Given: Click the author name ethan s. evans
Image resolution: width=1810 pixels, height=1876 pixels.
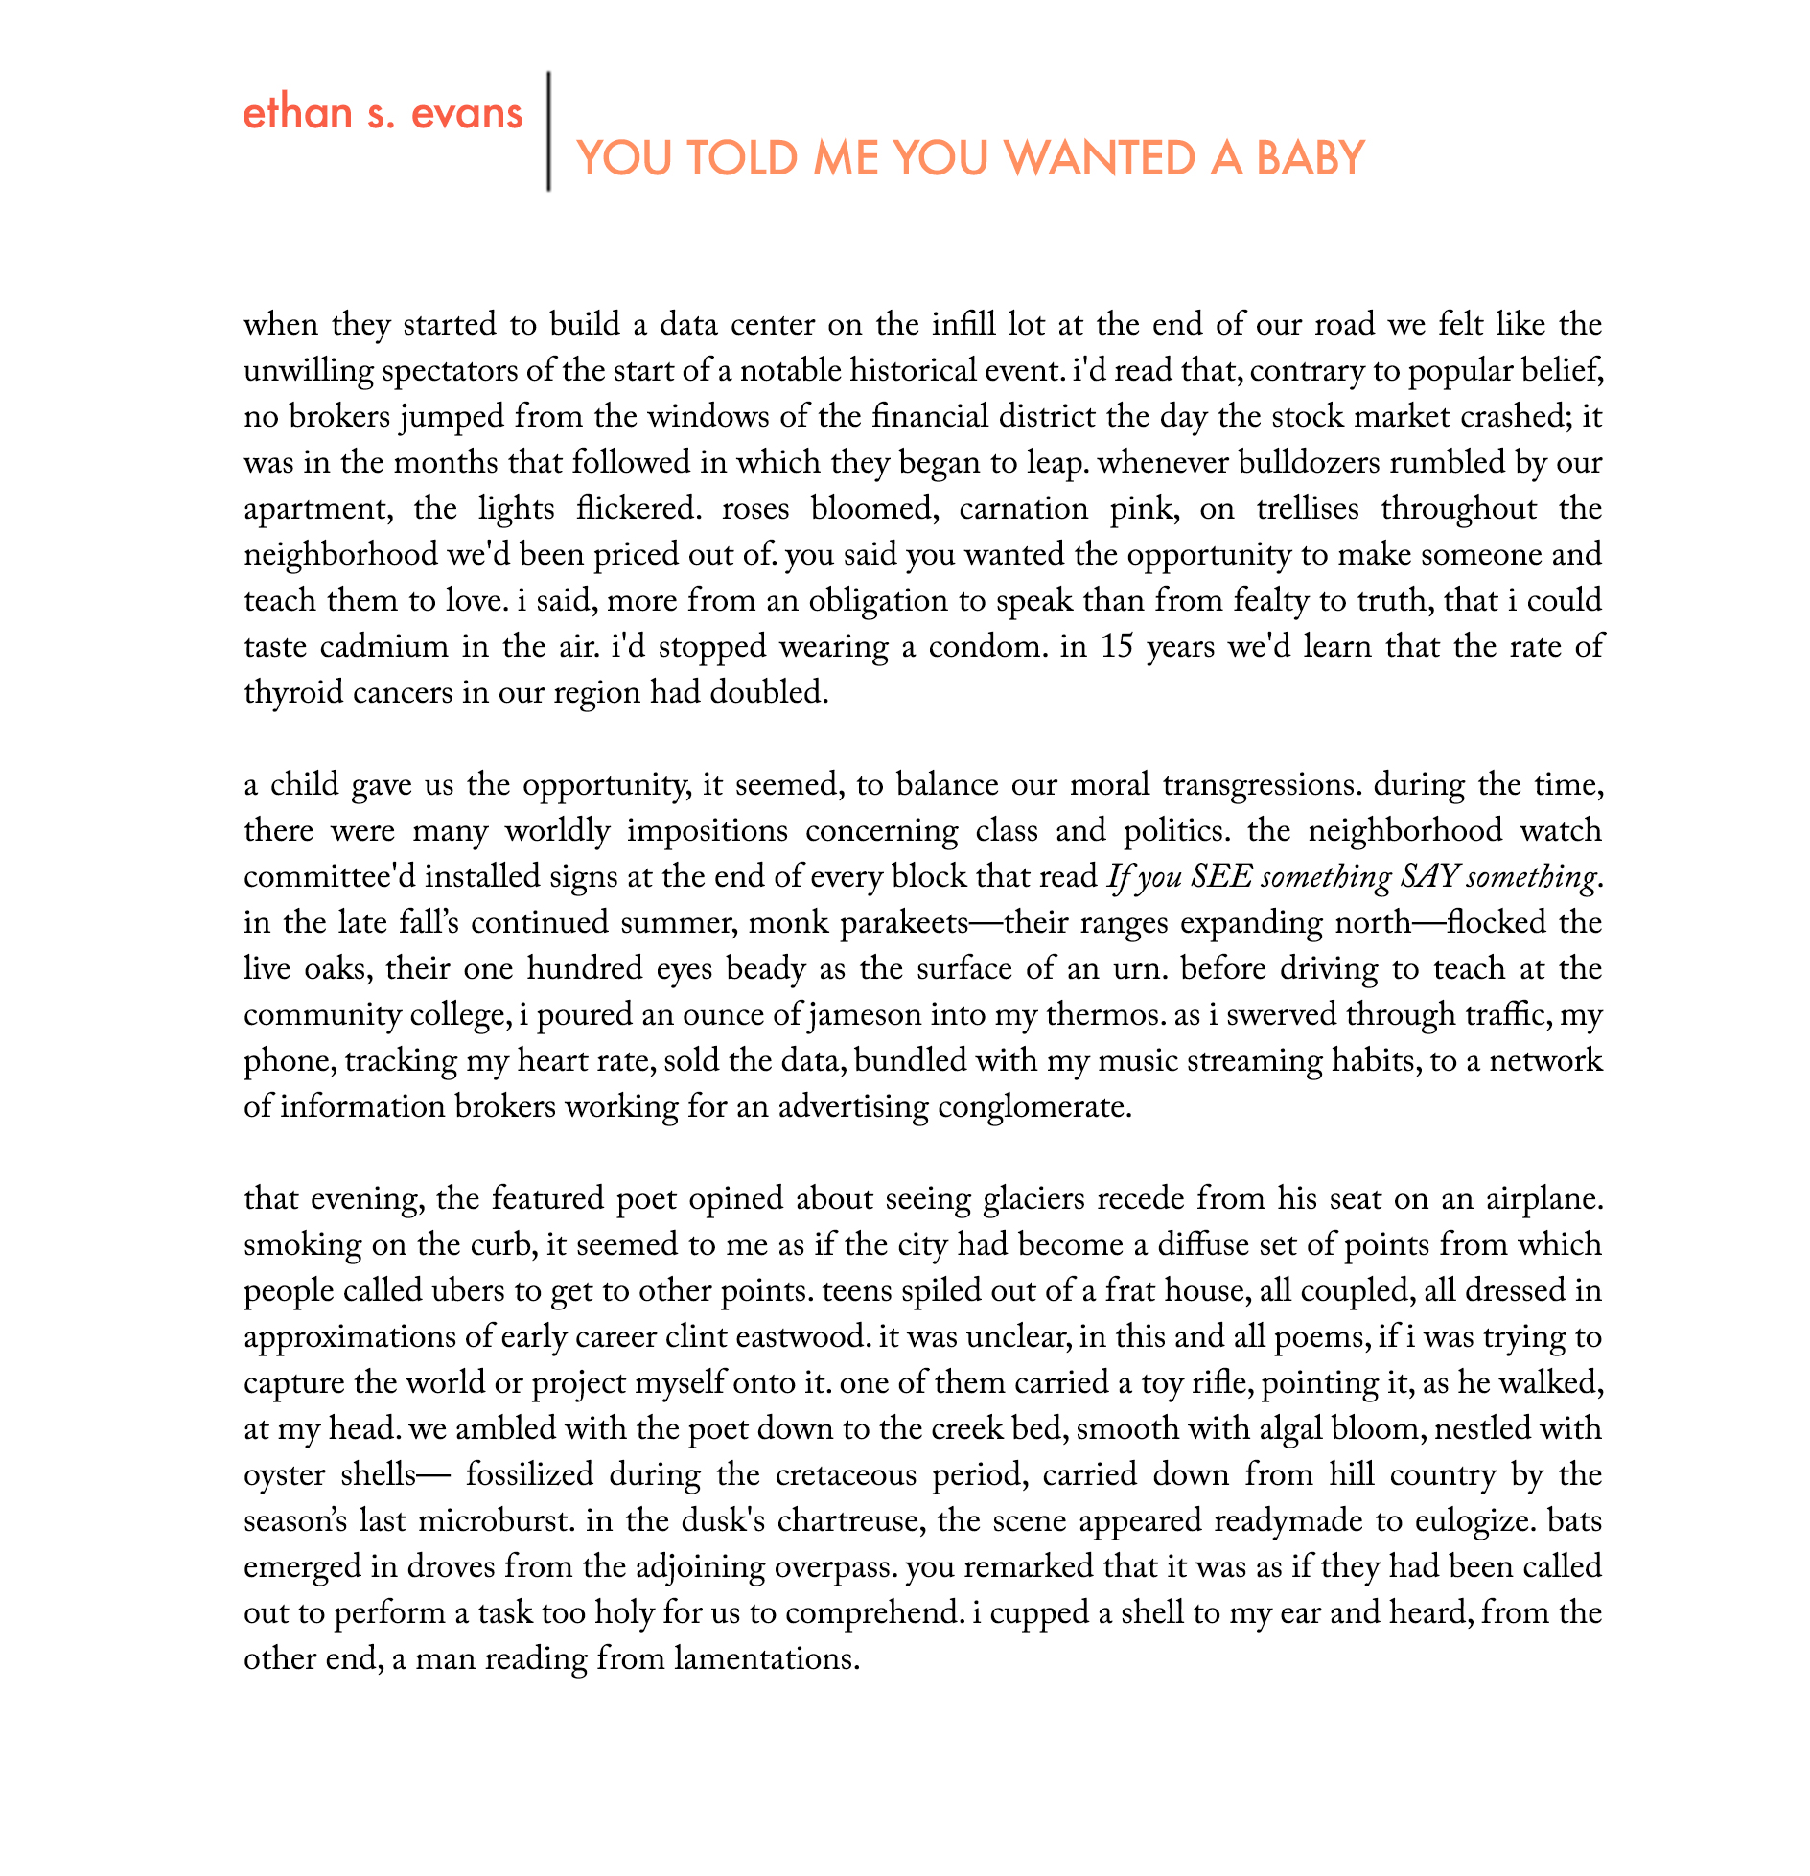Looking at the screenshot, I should [x=383, y=114].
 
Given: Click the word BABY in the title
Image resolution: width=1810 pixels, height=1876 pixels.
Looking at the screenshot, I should [x=1310, y=158].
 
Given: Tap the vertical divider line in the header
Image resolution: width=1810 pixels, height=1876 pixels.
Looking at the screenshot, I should [x=548, y=131].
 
